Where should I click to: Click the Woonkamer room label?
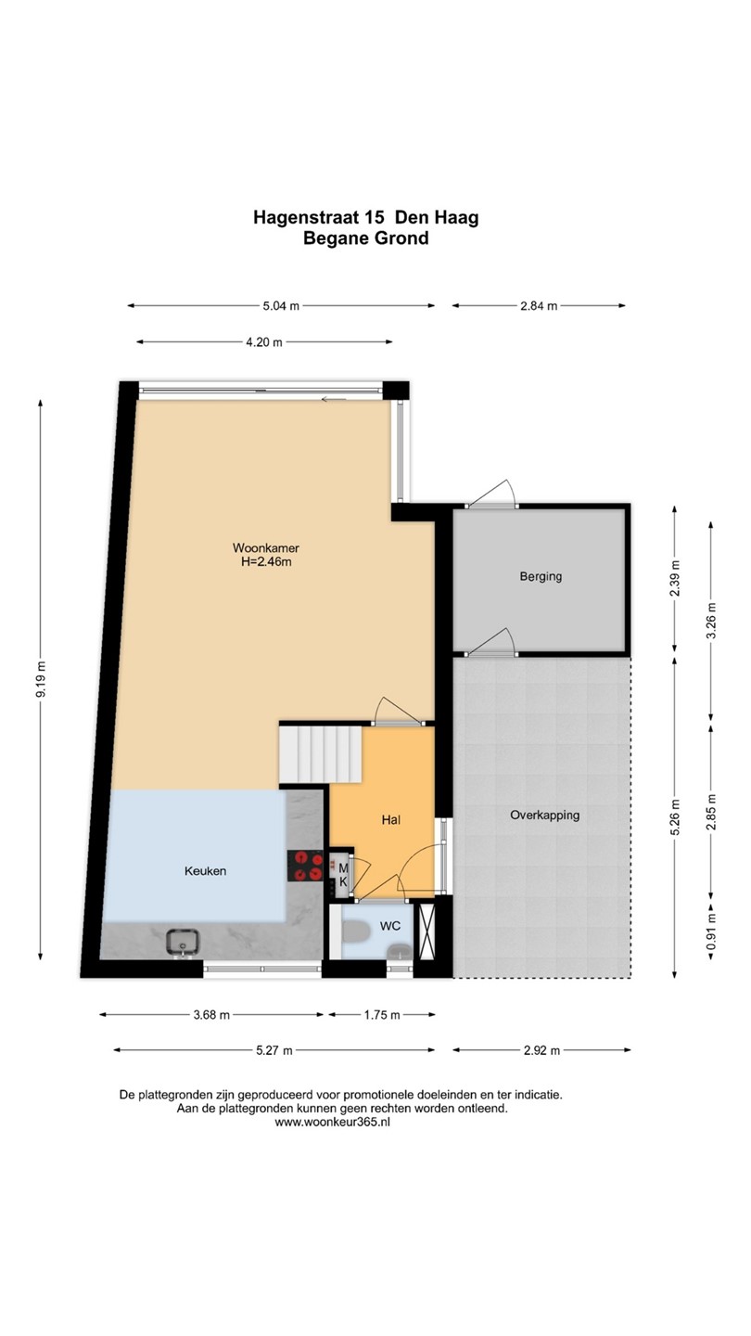click(266, 547)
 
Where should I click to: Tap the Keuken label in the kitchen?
click(205, 871)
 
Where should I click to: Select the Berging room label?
click(541, 577)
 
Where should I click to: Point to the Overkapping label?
click(545, 816)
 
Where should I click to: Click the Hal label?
click(391, 820)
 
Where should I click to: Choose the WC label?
click(390, 926)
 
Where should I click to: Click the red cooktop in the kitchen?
click(305, 866)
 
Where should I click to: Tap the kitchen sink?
click(183, 942)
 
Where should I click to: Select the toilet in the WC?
click(356, 931)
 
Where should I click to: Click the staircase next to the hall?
click(321, 753)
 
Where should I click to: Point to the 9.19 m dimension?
click(41, 679)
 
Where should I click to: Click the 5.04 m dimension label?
click(281, 306)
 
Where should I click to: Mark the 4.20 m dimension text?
click(264, 342)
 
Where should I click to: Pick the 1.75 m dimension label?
click(382, 1015)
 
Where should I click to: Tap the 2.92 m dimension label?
click(541, 1050)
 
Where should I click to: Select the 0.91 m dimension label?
click(710, 934)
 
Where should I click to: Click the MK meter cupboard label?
click(343, 875)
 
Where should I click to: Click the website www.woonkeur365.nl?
click(333, 1122)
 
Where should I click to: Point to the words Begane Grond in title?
click(366, 238)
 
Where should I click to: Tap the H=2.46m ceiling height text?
click(266, 562)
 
